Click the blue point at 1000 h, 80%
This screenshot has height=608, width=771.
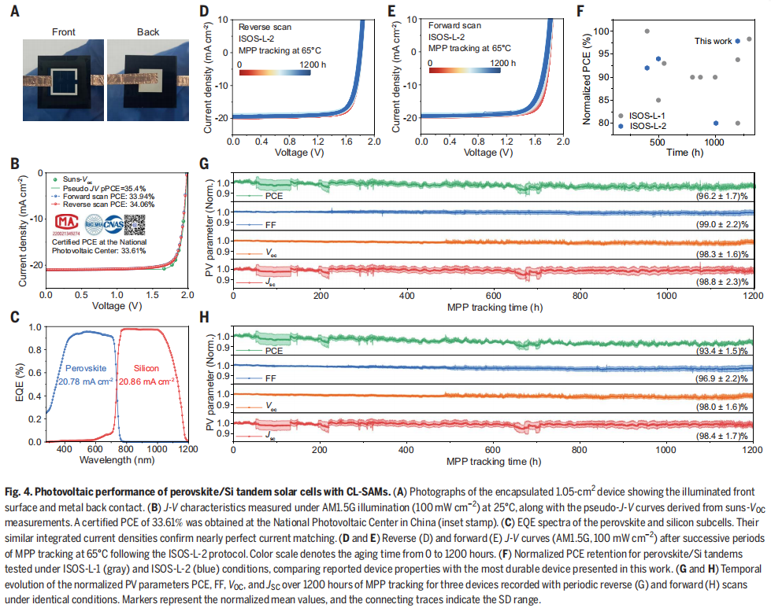pos(715,123)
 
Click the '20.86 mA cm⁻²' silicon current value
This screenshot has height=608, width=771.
pos(153,381)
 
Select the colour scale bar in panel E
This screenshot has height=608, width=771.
pos(465,71)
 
